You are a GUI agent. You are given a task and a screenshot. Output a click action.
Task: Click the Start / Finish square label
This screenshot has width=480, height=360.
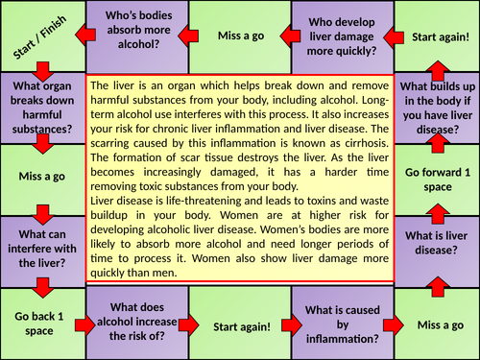(39, 37)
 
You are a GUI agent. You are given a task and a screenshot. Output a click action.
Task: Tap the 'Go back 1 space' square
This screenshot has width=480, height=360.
(43, 324)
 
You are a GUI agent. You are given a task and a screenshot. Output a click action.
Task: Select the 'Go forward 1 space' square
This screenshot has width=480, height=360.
(438, 180)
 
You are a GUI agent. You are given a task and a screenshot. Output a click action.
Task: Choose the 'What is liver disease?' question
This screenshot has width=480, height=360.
(437, 243)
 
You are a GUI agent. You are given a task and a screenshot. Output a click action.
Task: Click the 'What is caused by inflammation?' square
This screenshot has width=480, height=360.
(343, 323)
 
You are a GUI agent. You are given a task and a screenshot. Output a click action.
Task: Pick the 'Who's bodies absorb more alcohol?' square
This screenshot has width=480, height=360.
(137, 36)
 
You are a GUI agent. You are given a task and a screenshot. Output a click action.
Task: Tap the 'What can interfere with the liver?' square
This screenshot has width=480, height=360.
(43, 252)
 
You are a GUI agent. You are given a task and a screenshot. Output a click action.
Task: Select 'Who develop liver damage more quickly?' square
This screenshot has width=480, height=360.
(343, 37)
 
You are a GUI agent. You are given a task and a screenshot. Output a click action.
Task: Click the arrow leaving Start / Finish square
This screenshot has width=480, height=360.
(43, 72)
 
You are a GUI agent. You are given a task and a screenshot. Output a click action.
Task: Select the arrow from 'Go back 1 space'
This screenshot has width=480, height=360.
(85, 325)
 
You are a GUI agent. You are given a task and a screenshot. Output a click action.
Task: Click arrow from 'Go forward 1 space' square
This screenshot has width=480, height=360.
(438, 142)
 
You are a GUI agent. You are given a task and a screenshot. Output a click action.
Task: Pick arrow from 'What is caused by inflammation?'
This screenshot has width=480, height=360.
(393, 325)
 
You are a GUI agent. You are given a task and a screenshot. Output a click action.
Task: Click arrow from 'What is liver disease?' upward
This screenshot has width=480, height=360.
(438, 213)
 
